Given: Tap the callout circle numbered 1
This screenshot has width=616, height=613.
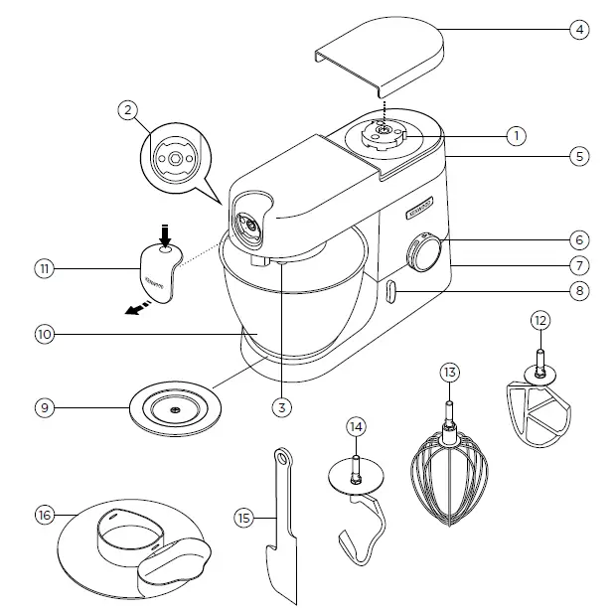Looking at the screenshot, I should pyautogui.click(x=515, y=134).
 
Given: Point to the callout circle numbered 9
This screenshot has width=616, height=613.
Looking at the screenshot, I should pyautogui.click(x=44, y=406).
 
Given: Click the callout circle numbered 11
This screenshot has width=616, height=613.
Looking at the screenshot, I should pyautogui.click(x=44, y=268).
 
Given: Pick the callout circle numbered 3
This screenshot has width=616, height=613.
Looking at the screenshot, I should pyautogui.click(x=283, y=405).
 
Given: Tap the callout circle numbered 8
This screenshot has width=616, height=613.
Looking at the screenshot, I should pyautogui.click(x=580, y=291).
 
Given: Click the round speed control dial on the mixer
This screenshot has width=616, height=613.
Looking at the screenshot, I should pyautogui.click(x=426, y=252).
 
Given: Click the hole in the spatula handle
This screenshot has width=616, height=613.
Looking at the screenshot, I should pyautogui.click(x=282, y=458).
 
